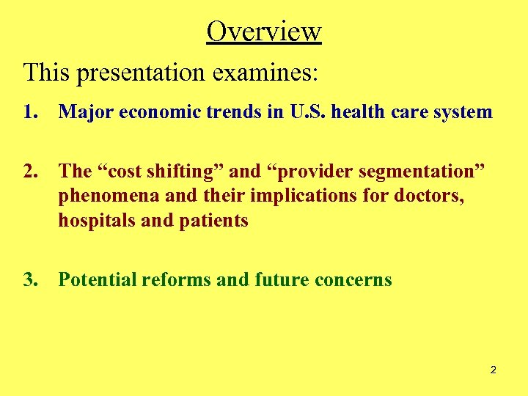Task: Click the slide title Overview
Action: [264, 32]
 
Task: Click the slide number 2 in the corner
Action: [493, 370]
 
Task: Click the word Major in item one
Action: [81, 112]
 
